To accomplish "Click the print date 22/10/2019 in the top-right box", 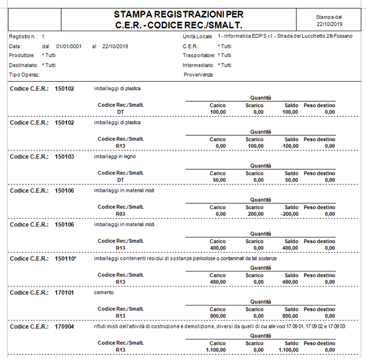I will tap(329, 24).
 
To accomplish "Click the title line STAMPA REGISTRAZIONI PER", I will tap(178, 14).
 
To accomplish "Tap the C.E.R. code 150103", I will tap(65, 156).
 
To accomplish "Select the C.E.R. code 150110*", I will tap(66, 258).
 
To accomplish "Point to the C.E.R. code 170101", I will tap(65, 292).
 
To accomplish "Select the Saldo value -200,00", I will tap(289, 214).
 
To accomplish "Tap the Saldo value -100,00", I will tap(289, 146).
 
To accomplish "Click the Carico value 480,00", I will tap(217, 282).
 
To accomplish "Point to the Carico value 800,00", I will tap(217, 315).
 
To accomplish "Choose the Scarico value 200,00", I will tap(255, 214).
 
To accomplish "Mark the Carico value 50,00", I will tap(219, 180).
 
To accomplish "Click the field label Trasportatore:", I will tap(199, 56).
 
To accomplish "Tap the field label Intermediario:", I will tap(199, 65).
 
